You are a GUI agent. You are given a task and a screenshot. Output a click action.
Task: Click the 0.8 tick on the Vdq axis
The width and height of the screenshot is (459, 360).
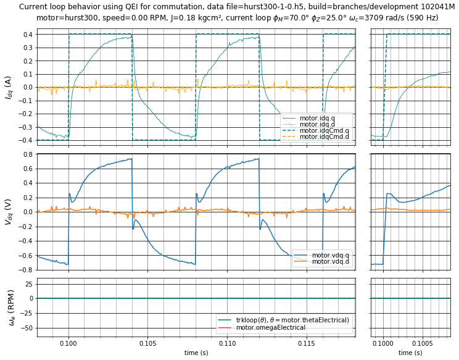point(27,154)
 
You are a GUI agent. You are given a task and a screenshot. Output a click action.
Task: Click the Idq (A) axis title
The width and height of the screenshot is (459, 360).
point(8,88)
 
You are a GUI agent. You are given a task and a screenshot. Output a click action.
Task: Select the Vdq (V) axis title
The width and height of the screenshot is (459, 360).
point(8,211)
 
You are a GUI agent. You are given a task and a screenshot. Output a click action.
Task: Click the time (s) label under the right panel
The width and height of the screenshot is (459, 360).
point(410,353)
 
